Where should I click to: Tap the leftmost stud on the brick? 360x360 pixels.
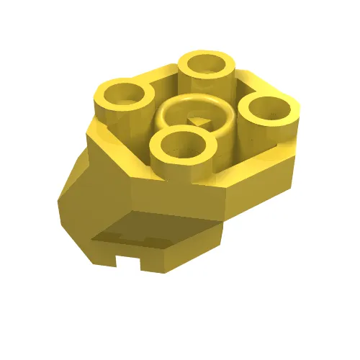pos(123,101)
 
